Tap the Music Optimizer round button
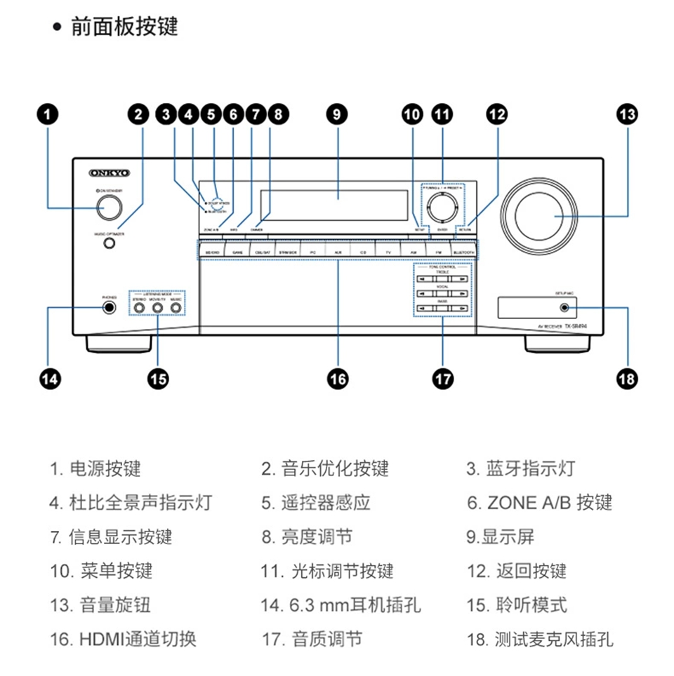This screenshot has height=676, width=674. click(109, 243)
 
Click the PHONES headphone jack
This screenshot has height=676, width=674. click(109, 306)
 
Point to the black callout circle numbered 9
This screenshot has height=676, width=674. click(338, 114)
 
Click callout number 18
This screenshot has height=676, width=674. click(627, 379)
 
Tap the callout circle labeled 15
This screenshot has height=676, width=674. click(158, 379)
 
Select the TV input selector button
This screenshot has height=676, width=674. click(388, 250)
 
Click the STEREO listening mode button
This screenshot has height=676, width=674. click(139, 306)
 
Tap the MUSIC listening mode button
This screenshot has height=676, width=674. click(176, 306)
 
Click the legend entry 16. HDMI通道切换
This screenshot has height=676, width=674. click(123, 639)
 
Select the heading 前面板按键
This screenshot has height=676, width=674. click(124, 27)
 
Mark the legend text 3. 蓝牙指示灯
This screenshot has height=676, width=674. click(520, 468)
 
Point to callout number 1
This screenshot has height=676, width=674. click(48, 114)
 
